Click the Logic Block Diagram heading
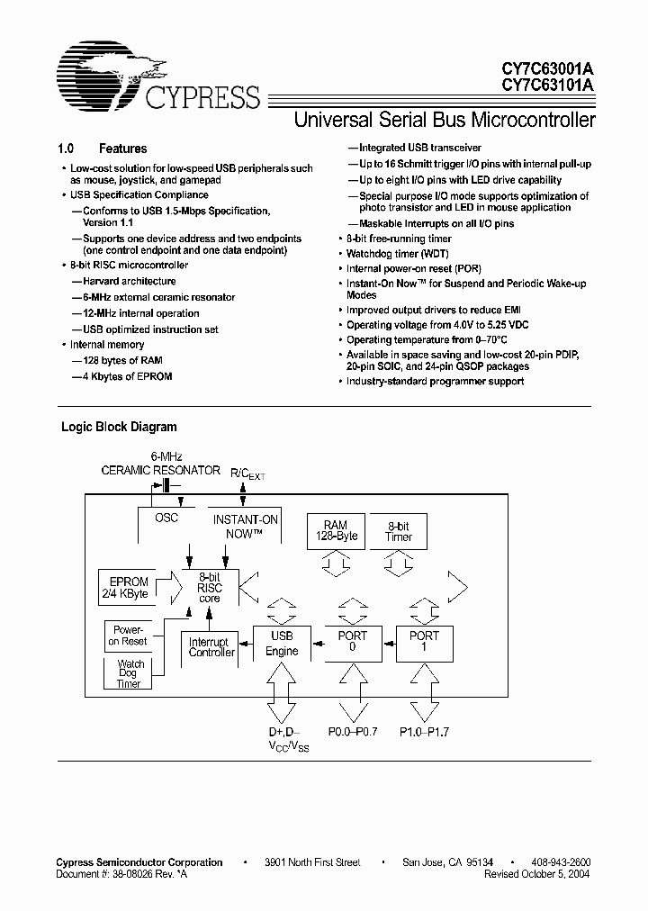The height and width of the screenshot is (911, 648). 119,427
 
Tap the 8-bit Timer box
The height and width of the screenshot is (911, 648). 399,530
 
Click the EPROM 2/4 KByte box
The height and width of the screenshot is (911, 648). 127,588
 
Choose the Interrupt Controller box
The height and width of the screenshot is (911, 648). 211,646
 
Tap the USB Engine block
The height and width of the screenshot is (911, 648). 282,643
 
